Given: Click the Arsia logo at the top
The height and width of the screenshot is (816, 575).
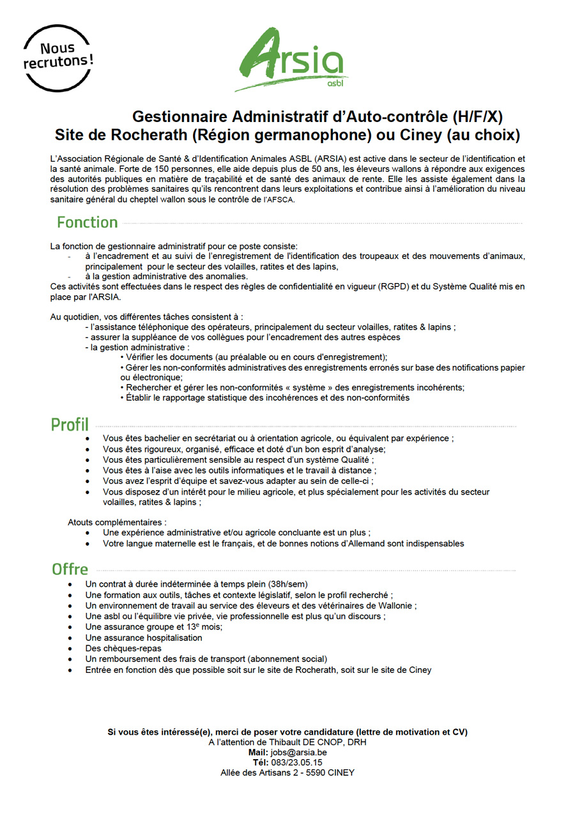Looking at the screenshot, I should click(291, 59).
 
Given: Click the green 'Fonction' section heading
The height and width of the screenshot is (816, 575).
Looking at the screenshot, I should click(87, 222).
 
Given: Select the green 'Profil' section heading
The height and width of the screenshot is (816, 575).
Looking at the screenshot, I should click(70, 425).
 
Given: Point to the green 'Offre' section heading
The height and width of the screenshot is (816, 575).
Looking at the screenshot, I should click(70, 569).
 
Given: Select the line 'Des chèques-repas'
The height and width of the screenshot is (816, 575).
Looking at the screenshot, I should click(123, 649).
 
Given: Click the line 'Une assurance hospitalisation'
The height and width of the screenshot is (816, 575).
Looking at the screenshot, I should click(144, 638).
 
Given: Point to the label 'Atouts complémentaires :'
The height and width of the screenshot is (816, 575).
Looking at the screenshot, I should click(117, 522).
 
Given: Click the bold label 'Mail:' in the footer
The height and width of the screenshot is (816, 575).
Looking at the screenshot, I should click(259, 753).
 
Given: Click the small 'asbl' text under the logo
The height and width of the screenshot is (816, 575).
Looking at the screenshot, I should click(334, 83).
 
